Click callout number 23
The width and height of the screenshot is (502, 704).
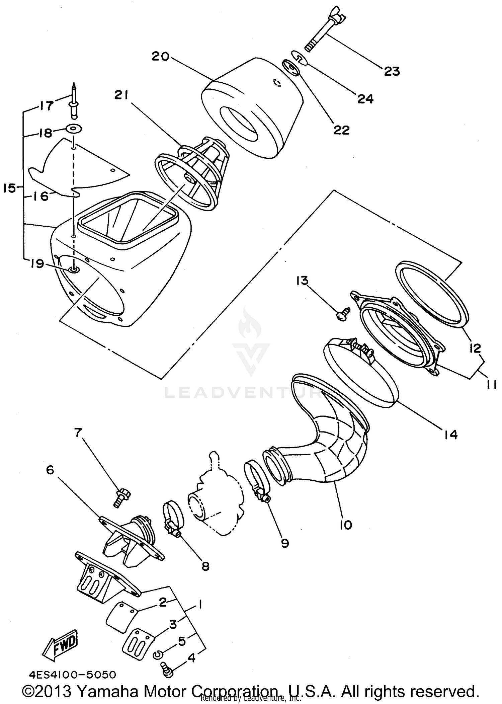coord(392,71)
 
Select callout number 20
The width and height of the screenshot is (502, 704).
coord(161,56)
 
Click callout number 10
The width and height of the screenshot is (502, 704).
coord(346,525)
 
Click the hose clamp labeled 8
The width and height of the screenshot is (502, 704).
coord(172,521)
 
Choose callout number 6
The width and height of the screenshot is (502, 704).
coord(50,470)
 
